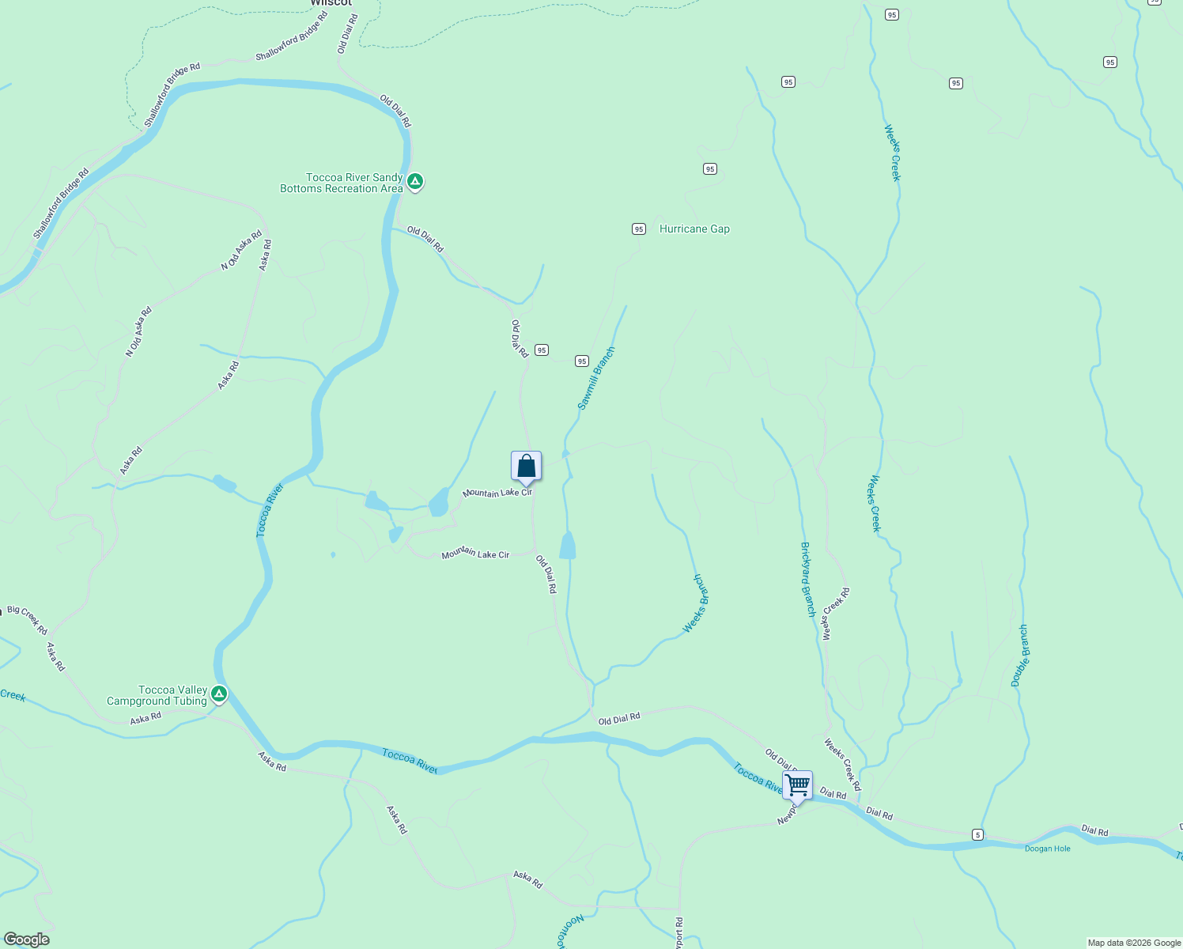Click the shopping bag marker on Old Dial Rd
(x=527, y=467)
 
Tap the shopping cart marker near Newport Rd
(x=797, y=786)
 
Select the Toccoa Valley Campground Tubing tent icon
(x=219, y=694)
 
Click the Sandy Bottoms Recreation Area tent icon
(x=415, y=182)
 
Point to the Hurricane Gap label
(x=694, y=229)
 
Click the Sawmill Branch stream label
(x=596, y=379)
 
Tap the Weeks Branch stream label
(x=696, y=603)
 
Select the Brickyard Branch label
(x=807, y=579)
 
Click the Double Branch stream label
(x=1020, y=656)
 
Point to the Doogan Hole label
(x=1047, y=849)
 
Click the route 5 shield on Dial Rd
(x=978, y=835)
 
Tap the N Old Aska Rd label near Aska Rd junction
(x=241, y=251)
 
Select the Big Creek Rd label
(x=28, y=620)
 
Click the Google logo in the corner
(x=26, y=940)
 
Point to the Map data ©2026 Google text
(x=1134, y=943)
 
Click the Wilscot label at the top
(x=331, y=3)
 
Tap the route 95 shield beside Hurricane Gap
(x=639, y=229)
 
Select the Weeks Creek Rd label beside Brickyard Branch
(x=836, y=613)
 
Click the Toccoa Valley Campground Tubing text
(x=157, y=695)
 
